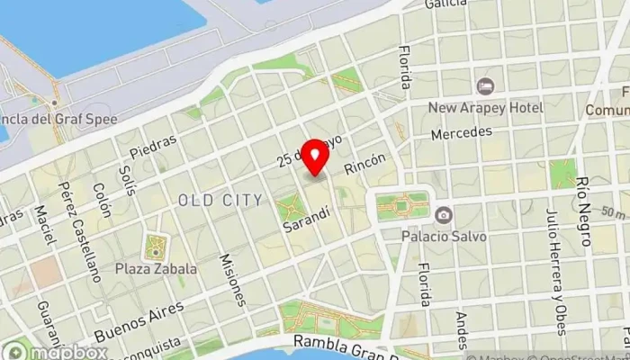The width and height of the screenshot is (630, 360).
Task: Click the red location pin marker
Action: (x=315, y=157)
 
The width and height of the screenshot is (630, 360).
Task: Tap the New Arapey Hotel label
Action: (x=485, y=108)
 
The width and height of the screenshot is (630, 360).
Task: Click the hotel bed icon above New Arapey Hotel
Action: (x=485, y=86)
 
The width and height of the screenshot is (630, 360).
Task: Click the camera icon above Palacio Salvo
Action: (x=443, y=215)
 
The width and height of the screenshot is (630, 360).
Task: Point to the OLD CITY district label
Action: (x=220, y=199)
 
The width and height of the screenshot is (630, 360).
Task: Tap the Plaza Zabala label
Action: (x=156, y=268)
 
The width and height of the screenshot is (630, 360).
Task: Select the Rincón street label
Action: (x=364, y=164)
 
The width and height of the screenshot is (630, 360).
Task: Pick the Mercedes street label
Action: (x=462, y=132)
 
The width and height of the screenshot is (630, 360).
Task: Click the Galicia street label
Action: (x=446, y=4)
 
